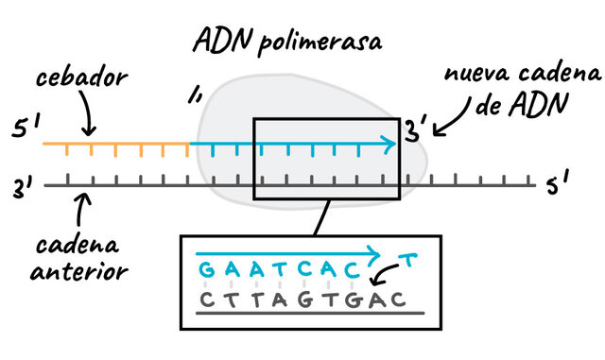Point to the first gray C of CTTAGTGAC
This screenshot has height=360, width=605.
205,300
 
